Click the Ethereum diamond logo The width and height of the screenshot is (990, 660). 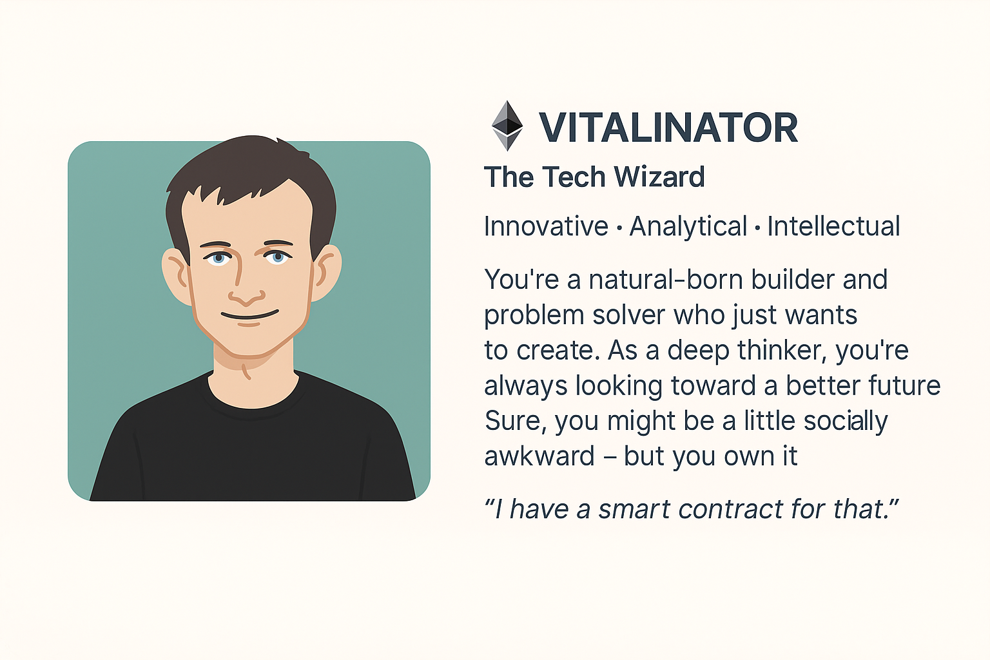coord(507,126)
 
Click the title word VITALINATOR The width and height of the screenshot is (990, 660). coord(668,128)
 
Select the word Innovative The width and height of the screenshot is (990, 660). coord(546,227)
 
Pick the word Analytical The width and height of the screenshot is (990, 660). coord(688,227)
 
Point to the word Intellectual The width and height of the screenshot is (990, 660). coord(833,227)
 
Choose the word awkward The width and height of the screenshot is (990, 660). coord(539,456)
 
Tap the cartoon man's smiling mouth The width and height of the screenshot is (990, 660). coord(249,316)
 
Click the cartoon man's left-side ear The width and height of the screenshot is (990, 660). coord(175,274)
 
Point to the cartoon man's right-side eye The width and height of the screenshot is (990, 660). coord(277,257)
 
